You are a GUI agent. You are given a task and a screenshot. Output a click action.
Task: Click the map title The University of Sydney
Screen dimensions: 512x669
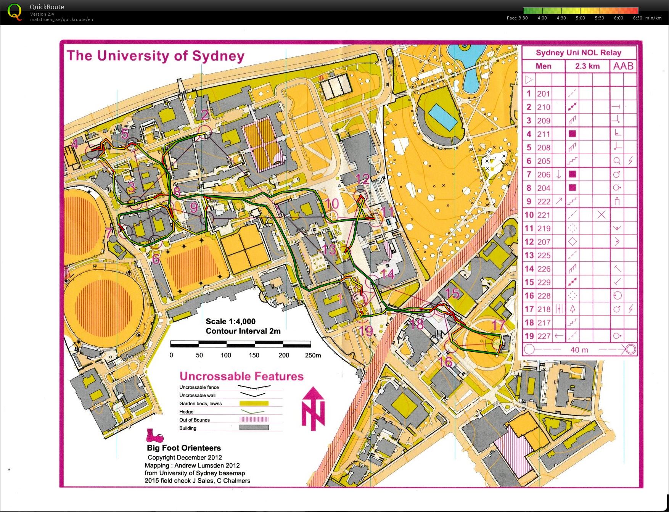click(x=155, y=56)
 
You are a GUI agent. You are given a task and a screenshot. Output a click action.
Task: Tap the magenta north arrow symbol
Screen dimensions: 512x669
click(x=313, y=409)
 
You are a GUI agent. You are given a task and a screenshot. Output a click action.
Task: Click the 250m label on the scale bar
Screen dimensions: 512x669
click(x=313, y=355)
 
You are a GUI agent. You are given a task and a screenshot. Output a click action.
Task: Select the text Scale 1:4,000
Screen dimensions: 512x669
click(x=230, y=321)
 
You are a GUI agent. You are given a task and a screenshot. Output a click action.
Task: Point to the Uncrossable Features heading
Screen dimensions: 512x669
click(x=241, y=376)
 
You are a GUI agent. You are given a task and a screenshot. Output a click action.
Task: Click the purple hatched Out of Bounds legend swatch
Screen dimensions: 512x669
click(x=254, y=420)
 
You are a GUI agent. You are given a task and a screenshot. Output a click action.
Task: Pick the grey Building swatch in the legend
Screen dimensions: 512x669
click(x=254, y=428)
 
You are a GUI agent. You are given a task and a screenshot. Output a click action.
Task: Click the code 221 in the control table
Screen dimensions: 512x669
click(x=544, y=215)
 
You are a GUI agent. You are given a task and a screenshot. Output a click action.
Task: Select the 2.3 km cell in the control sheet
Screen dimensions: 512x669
click(x=587, y=66)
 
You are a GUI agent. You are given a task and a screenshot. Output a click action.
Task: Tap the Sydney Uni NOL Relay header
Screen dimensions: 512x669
click(x=578, y=53)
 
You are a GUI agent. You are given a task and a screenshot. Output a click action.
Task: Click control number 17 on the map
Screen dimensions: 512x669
click(x=498, y=325)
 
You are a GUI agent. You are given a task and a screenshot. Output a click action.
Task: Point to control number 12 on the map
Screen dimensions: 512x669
click(x=362, y=178)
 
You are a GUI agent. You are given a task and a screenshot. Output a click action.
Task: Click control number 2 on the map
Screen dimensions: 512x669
click(x=205, y=114)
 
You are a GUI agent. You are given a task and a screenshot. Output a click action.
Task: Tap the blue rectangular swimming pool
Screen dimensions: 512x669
click(x=442, y=117)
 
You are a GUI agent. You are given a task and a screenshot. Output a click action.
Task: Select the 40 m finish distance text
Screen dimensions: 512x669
click(x=579, y=349)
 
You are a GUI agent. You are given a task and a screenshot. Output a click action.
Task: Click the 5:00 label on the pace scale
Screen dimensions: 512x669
click(x=580, y=18)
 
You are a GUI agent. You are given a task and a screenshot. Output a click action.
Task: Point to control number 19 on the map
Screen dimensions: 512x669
click(x=366, y=330)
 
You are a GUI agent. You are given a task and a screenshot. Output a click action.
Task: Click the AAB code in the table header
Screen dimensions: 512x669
click(x=623, y=66)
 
